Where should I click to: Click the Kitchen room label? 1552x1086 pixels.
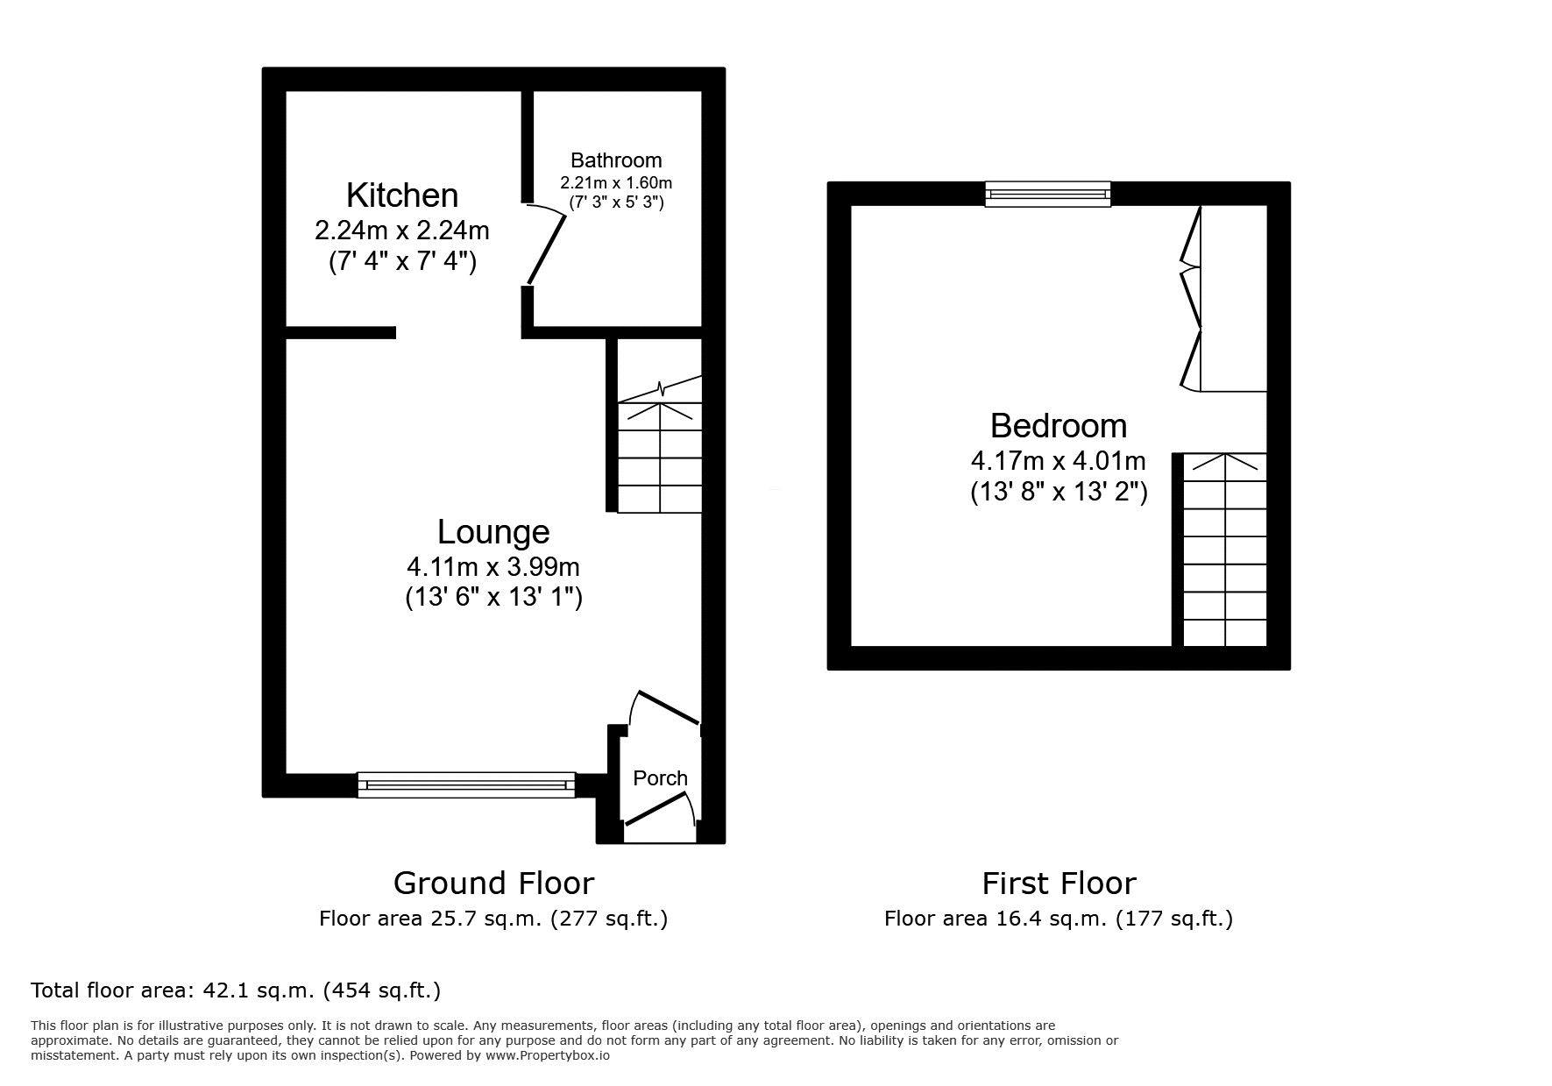(402, 195)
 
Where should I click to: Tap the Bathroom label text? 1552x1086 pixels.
(616, 160)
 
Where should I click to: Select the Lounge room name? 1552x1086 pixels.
(493, 531)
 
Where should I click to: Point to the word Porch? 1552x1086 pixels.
(660, 777)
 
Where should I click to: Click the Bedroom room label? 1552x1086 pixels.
(1059, 425)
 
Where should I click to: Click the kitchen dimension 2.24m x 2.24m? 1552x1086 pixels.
(402, 231)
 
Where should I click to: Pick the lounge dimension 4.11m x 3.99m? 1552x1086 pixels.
(493, 566)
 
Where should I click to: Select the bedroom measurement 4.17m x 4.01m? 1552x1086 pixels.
(1059, 460)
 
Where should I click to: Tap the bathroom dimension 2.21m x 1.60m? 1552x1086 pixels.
(616, 183)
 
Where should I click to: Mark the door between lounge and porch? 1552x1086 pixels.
(666, 707)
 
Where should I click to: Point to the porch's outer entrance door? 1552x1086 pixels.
(659, 809)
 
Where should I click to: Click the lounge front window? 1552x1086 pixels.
(466, 784)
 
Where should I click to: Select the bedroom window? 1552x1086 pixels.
(1048, 194)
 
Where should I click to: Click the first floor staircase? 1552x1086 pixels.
(1224, 550)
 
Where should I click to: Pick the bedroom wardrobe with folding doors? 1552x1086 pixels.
(1223, 298)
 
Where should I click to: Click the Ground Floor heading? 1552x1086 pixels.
(493, 883)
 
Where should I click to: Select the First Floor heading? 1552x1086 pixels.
(1059, 883)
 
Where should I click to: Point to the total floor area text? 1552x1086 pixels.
(236, 990)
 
